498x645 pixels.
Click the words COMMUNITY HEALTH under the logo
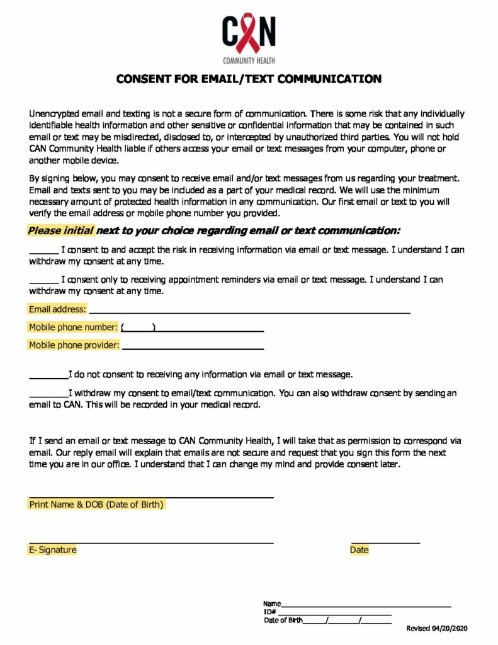point(249,61)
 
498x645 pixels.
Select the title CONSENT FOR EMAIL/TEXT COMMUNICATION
point(249,79)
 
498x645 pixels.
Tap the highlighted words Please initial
point(60,231)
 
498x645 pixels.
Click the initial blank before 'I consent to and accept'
point(43,250)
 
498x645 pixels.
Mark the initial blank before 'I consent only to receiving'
point(43,280)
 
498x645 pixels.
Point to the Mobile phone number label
point(73,328)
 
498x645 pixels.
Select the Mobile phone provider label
point(74,345)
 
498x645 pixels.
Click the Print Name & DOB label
point(96,505)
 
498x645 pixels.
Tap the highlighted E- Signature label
point(53,550)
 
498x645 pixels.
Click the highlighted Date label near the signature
point(359,550)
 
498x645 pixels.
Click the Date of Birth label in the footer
point(283,620)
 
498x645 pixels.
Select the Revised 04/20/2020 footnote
point(437,629)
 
